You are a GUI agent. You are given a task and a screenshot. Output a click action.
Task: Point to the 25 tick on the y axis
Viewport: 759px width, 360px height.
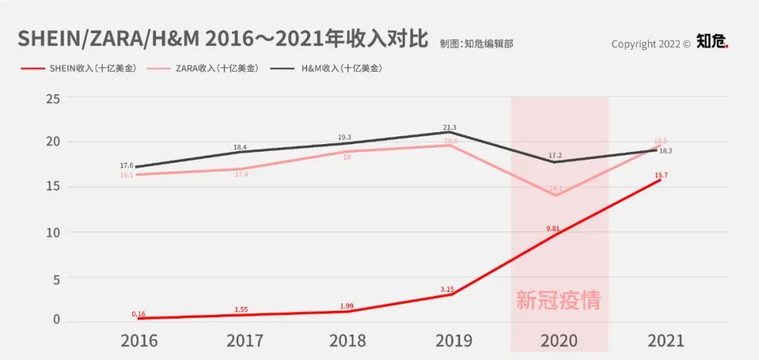pos(53,98)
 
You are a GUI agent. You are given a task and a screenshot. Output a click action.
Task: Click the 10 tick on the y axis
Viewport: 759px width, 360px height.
pos(53,233)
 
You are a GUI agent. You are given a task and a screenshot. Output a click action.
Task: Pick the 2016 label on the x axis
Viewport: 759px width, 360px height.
pos(139,341)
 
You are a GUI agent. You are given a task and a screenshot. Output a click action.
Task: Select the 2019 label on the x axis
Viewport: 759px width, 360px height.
pos(453,341)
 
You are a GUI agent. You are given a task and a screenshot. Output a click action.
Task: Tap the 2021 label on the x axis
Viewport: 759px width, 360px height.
pos(665,341)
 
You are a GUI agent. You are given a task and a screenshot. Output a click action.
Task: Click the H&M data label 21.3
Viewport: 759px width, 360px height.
pos(450,127)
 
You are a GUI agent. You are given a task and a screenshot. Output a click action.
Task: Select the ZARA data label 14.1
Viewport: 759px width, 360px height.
pos(555,188)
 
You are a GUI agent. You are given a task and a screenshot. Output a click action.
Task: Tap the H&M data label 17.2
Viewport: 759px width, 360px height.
pos(555,154)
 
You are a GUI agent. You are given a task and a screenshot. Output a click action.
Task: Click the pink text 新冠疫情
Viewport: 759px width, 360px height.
pos(559,300)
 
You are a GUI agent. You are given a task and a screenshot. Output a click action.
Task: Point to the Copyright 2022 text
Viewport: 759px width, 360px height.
pos(651,44)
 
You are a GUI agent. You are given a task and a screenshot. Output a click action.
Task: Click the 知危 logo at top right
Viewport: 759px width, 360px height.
pos(712,42)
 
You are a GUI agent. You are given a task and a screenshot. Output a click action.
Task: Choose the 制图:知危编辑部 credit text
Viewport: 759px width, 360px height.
pos(476,44)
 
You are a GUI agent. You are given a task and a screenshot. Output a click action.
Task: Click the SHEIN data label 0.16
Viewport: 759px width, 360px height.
pos(138,314)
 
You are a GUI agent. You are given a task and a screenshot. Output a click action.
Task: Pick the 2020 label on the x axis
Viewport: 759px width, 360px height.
pos(559,341)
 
